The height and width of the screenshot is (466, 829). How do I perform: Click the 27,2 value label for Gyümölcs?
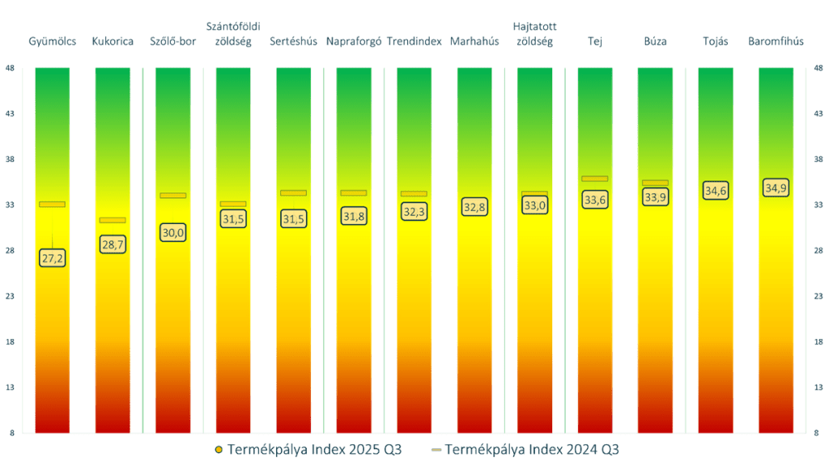tap(52, 258)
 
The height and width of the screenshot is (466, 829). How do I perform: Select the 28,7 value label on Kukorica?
tap(113, 244)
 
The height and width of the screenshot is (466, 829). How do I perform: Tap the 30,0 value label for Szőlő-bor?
tap(173, 233)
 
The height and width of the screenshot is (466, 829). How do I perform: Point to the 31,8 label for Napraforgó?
tap(354, 216)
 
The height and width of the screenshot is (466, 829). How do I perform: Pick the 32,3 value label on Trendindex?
tap(414, 212)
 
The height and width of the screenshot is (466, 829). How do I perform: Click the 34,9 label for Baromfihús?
tap(776, 188)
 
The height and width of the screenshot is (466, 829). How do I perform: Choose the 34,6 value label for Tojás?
tap(716, 191)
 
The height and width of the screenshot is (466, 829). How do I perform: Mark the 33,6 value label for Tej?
tap(595, 200)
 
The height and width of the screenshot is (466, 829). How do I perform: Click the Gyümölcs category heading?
tap(52, 41)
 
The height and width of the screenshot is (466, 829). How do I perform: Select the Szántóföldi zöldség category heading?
tap(233, 34)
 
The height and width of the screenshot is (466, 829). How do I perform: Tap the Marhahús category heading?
tap(474, 41)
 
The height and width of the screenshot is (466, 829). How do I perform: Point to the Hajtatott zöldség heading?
tap(535, 34)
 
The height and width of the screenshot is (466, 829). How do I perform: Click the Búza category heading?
tap(655, 41)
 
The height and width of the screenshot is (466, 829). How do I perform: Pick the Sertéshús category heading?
tap(293, 41)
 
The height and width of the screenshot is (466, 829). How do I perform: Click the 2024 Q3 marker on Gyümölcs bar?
tap(52, 204)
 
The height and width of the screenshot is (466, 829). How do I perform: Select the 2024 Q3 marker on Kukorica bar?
tap(113, 220)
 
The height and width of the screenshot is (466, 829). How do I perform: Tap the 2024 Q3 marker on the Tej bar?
tap(595, 178)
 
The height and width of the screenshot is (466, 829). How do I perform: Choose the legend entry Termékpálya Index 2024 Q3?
tap(529, 449)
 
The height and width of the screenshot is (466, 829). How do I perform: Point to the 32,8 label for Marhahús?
tap(474, 207)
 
